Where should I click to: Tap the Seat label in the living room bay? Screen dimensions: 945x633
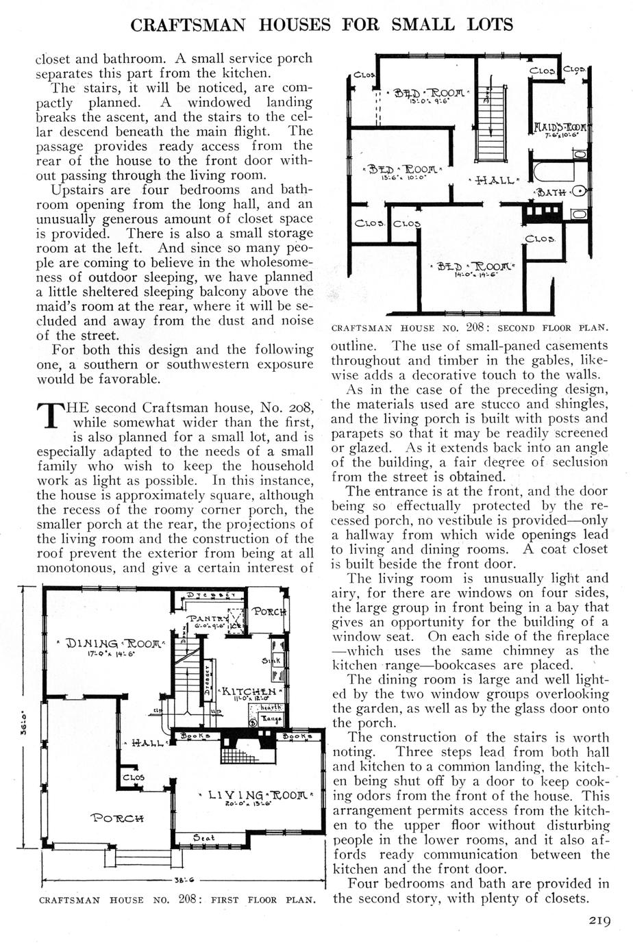pyautogui.click(x=204, y=837)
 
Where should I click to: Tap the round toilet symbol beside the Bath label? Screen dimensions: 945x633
pyautogui.click(x=579, y=192)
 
